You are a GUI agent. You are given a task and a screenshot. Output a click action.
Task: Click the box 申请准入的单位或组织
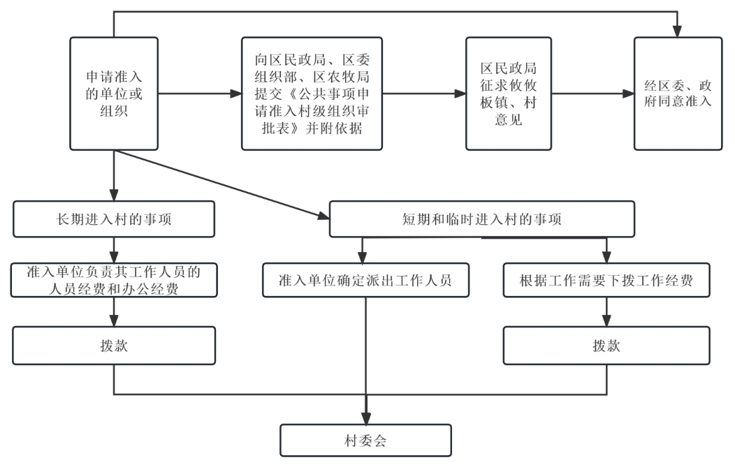coord(114,93)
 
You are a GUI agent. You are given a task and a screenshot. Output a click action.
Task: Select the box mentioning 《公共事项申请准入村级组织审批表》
coord(312,93)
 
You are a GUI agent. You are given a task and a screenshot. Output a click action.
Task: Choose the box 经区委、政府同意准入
coord(677,93)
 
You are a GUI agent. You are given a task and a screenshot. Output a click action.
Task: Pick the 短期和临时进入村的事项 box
coord(482,219)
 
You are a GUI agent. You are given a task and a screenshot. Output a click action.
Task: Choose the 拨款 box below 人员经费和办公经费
coord(114,346)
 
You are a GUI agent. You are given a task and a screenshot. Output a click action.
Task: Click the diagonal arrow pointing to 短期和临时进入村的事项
coord(231,186)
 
